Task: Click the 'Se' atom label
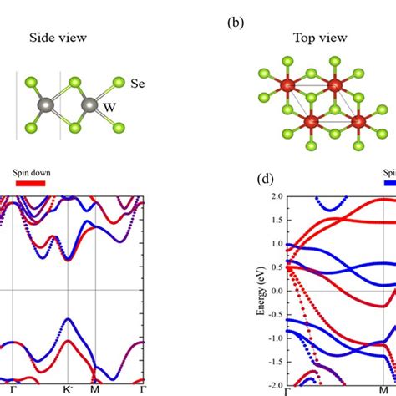point(139,84)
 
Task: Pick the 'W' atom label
point(109,107)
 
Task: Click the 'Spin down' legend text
point(32,174)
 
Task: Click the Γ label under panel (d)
point(288,390)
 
